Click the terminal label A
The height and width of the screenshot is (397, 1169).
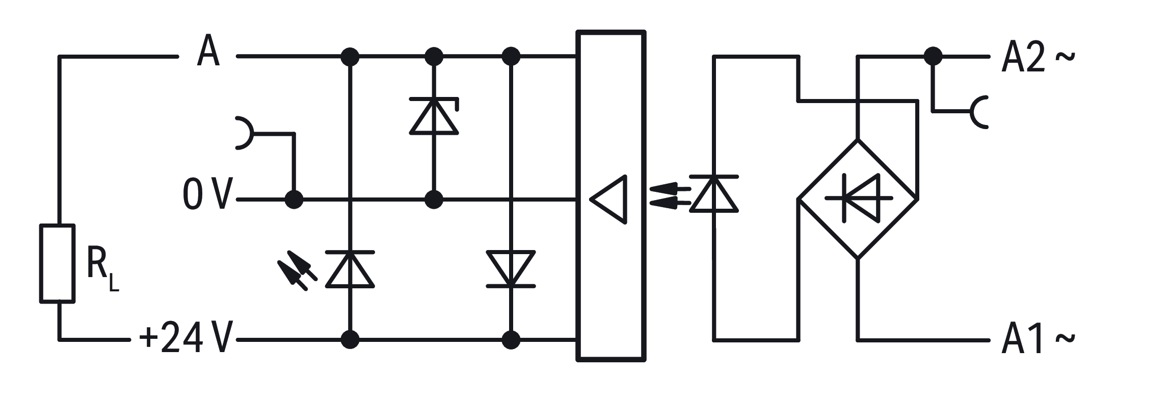tap(208, 52)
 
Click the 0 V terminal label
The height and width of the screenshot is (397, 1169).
tap(207, 195)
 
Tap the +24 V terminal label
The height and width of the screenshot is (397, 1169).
tap(186, 338)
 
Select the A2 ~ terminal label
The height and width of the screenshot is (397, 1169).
tap(1038, 57)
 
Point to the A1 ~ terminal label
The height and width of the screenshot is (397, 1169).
tap(1038, 339)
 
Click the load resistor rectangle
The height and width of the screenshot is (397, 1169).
tap(58, 263)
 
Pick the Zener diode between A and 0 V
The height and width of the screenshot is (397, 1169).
tap(434, 116)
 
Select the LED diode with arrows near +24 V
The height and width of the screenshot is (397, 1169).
tap(350, 269)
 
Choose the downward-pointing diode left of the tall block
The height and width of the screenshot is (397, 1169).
tap(511, 269)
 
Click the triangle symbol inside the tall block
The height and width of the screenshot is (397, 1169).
tap(609, 200)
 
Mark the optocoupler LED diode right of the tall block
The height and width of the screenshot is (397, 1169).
tap(714, 194)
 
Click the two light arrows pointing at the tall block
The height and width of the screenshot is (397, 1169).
tap(670, 196)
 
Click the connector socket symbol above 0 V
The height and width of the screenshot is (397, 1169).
tap(244, 134)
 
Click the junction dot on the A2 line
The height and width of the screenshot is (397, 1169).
tap(933, 57)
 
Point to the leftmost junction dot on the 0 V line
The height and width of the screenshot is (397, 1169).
tap(294, 200)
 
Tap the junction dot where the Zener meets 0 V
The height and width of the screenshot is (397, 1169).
tap(434, 200)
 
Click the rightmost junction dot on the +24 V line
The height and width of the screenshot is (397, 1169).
tap(511, 339)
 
